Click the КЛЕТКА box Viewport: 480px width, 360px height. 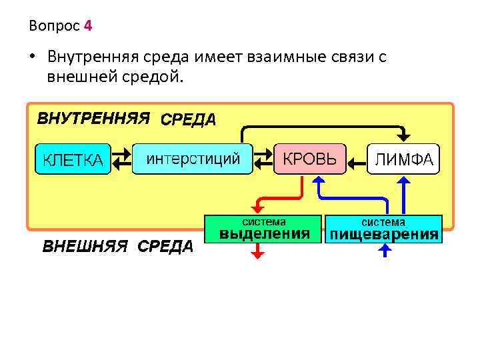tap(73, 159)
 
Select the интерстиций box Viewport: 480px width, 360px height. tap(193, 159)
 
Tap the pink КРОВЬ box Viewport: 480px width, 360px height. tap(310, 159)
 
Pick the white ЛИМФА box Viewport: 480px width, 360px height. tap(404, 159)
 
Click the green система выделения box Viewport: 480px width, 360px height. tap(265, 229)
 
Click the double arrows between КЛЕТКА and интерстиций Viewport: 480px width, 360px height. tap(121, 157)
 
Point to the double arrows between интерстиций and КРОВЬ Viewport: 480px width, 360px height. tap(264, 157)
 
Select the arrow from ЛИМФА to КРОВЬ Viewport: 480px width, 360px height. tap(358, 160)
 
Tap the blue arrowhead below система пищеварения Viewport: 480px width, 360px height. tap(384, 249)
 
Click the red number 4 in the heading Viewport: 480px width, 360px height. tap(89, 27)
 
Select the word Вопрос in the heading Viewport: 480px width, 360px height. tap(54, 27)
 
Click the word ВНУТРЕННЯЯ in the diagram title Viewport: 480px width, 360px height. tap(93, 119)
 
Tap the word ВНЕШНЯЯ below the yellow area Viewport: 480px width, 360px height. tap(85, 246)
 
